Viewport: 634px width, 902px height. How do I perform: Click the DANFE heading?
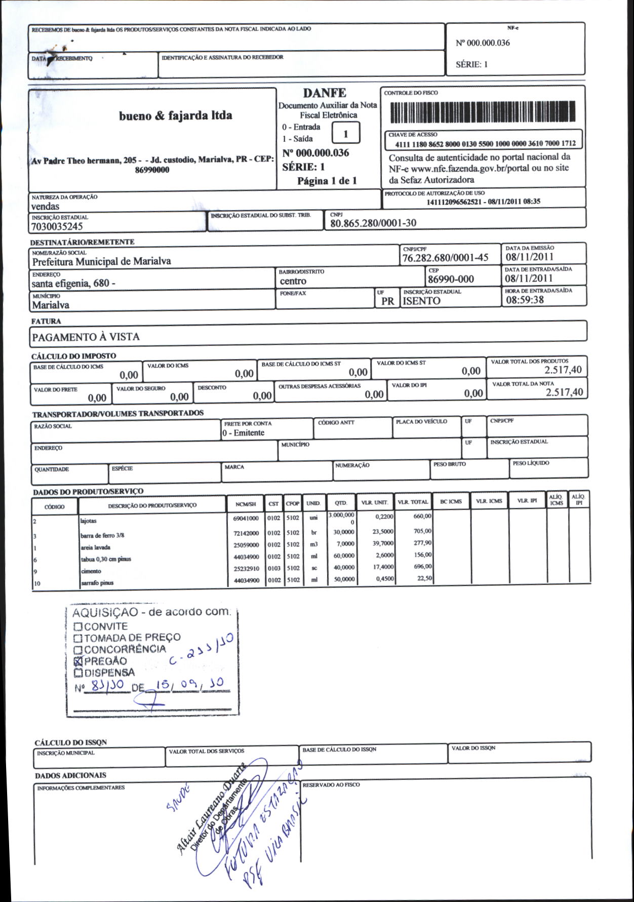point(325,93)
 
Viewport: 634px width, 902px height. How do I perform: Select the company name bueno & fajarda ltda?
point(175,116)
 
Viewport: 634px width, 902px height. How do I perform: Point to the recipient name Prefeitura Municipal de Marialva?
point(101,261)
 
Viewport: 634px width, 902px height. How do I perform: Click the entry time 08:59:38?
point(525,300)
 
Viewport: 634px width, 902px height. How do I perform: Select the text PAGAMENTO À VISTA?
point(86,337)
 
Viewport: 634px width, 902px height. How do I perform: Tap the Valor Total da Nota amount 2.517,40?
point(564,393)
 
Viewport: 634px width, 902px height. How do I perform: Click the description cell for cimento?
point(91,571)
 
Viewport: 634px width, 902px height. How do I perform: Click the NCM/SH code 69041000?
point(246,519)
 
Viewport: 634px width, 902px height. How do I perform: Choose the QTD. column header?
point(341,503)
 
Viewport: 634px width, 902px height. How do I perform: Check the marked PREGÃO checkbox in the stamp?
point(78,661)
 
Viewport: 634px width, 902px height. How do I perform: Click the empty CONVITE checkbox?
point(78,626)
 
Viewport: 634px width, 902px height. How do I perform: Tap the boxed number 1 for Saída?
point(345,134)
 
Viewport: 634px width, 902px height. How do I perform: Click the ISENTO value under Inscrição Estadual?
point(421,301)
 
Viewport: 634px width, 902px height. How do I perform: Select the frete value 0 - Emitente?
point(244,433)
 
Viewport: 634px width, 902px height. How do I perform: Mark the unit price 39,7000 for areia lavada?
point(383,543)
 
